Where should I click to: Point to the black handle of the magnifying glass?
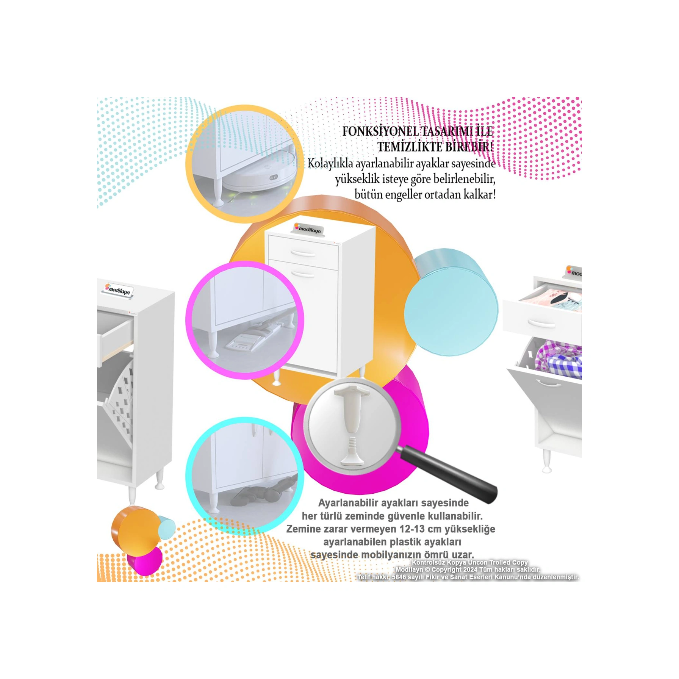(451, 471)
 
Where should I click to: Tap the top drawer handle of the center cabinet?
(303, 253)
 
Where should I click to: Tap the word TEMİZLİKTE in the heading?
(410, 147)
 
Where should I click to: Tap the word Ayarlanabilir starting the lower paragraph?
(348, 503)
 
